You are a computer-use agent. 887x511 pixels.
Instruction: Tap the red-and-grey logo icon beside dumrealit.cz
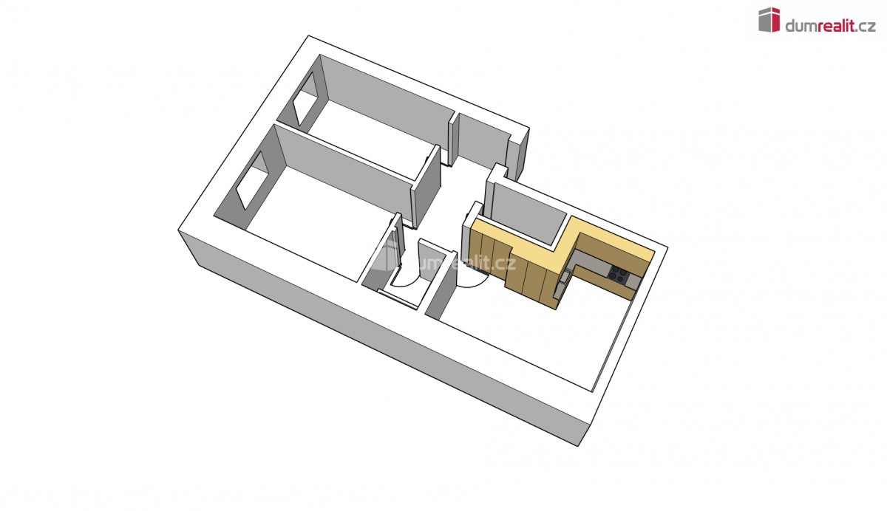pyautogui.click(x=769, y=19)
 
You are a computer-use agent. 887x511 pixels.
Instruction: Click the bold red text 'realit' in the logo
pyautogui.click(x=836, y=26)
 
